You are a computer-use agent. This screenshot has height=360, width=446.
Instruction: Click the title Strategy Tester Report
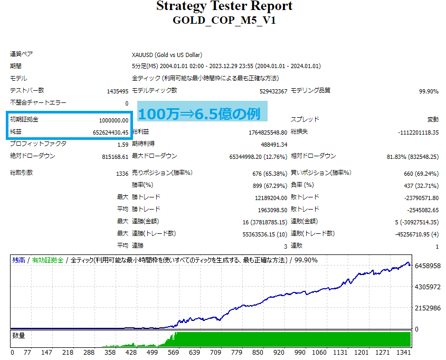pos(224,7)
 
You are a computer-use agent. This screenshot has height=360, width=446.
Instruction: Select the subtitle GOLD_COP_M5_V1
pos(224,21)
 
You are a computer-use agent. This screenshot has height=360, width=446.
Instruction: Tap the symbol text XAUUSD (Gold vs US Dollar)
pos(167,55)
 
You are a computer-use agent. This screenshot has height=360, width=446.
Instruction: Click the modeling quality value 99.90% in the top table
pos(429,91)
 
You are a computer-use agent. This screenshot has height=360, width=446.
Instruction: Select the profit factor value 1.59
pos(122,145)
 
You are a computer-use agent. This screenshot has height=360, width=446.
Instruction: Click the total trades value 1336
pos(122,174)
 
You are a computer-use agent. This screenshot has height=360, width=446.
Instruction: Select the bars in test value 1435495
pos(118,91)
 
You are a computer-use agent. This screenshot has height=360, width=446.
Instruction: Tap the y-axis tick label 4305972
pos(428,287)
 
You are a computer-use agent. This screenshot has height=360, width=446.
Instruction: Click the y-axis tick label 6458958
pos(428,267)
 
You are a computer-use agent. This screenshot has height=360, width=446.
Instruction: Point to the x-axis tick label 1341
pos(405,352)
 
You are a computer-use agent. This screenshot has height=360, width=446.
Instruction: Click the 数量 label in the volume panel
pos(19,336)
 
